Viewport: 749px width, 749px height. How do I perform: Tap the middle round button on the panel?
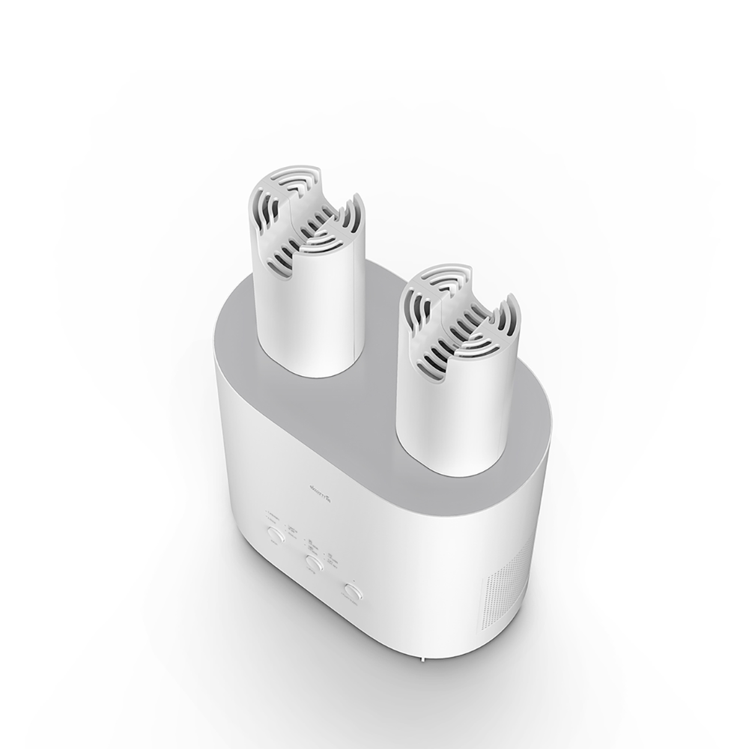click(x=315, y=562)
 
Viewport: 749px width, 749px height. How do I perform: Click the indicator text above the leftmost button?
click(x=273, y=516)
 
